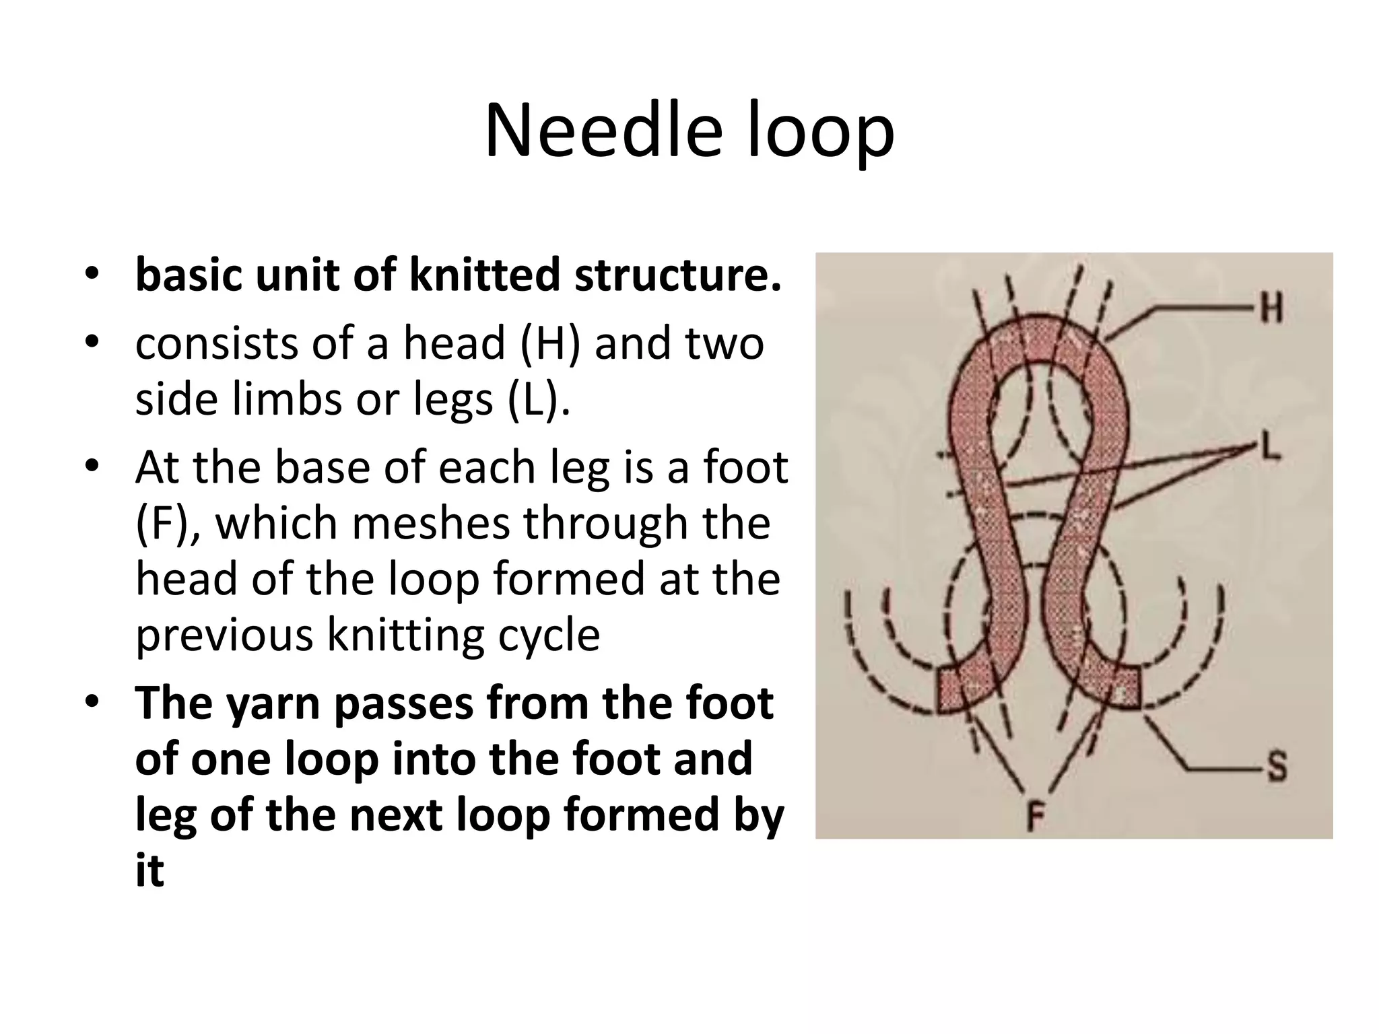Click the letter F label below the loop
point(1035,819)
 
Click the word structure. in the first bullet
point(678,275)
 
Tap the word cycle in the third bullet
point(549,636)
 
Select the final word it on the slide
point(149,871)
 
